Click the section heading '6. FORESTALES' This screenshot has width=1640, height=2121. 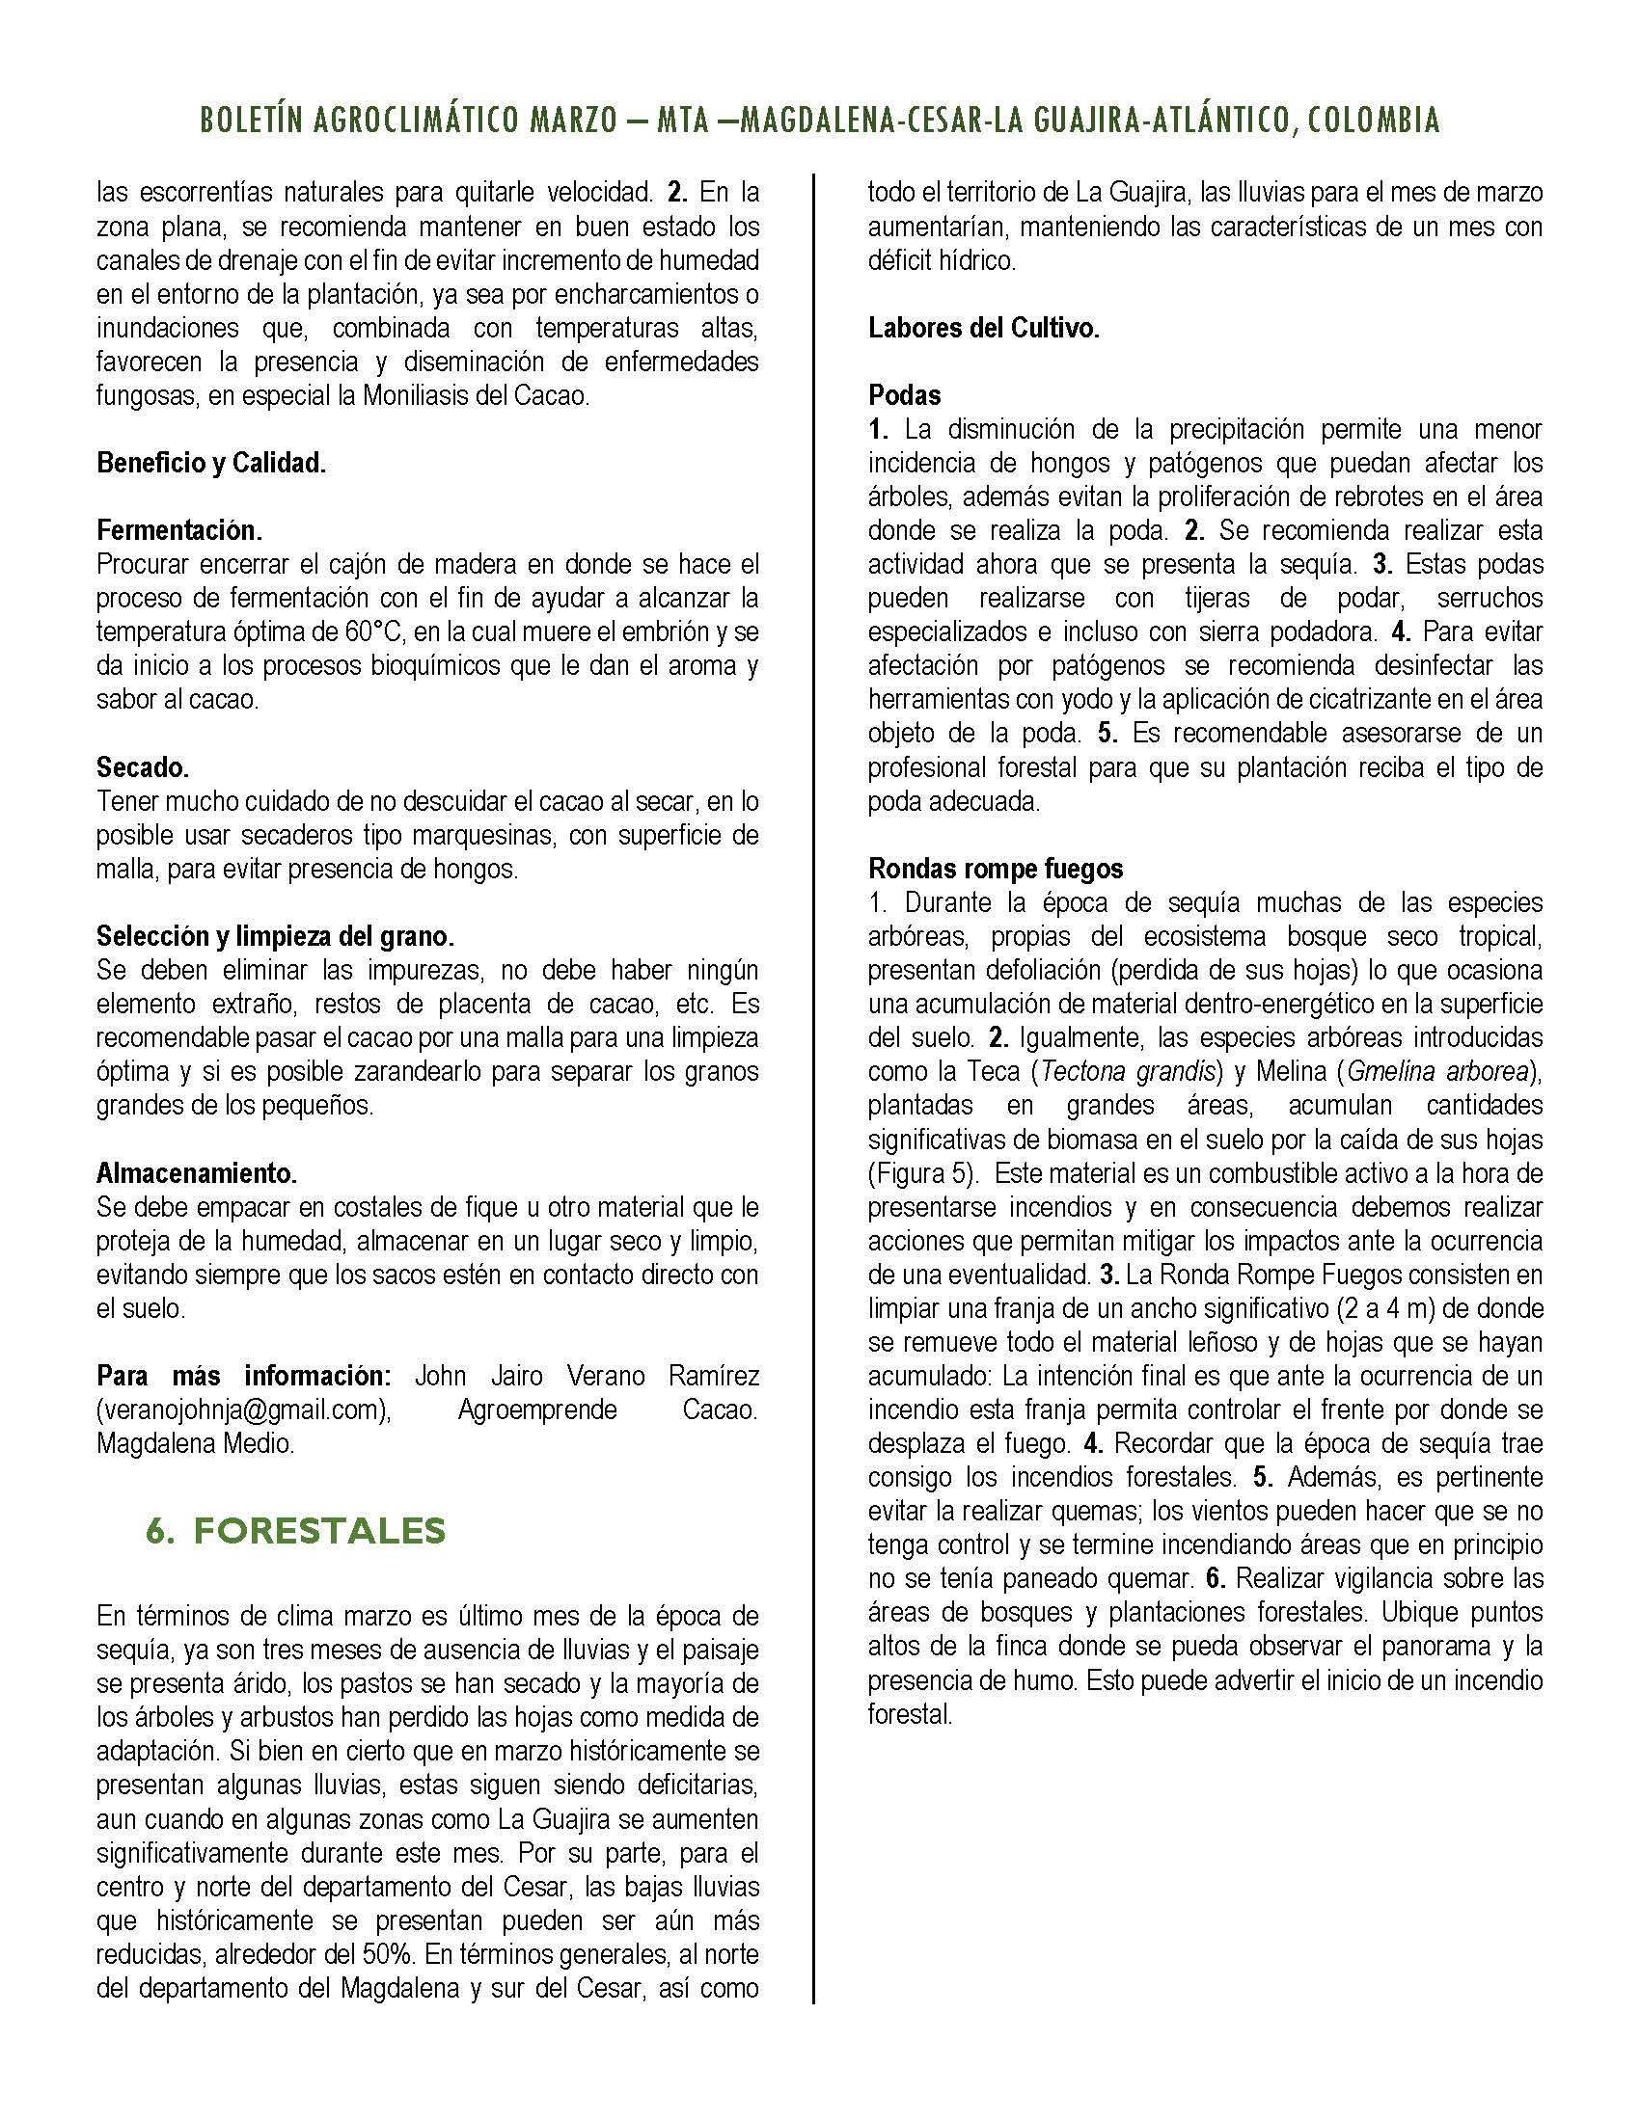click(x=295, y=1532)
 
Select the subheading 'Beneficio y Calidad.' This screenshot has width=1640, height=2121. click(x=211, y=463)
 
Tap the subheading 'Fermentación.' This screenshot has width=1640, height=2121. click(x=178, y=531)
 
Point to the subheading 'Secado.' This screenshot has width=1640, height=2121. click(x=143, y=767)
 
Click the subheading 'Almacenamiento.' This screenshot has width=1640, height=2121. click(x=196, y=1173)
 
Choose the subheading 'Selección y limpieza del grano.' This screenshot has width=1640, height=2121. click(x=275, y=936)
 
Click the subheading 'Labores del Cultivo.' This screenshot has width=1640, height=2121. click(x=983, y=328)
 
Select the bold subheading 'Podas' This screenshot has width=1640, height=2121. click(x=905, y=395)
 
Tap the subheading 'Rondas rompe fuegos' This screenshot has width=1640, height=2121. click(x=996, y=868)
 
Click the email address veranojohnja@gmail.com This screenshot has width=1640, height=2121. click(x=243, y=1410)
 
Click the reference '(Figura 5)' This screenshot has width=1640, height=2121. click(x=921, y=1173)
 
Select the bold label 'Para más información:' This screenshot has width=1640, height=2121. click(x=243, y=1376)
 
